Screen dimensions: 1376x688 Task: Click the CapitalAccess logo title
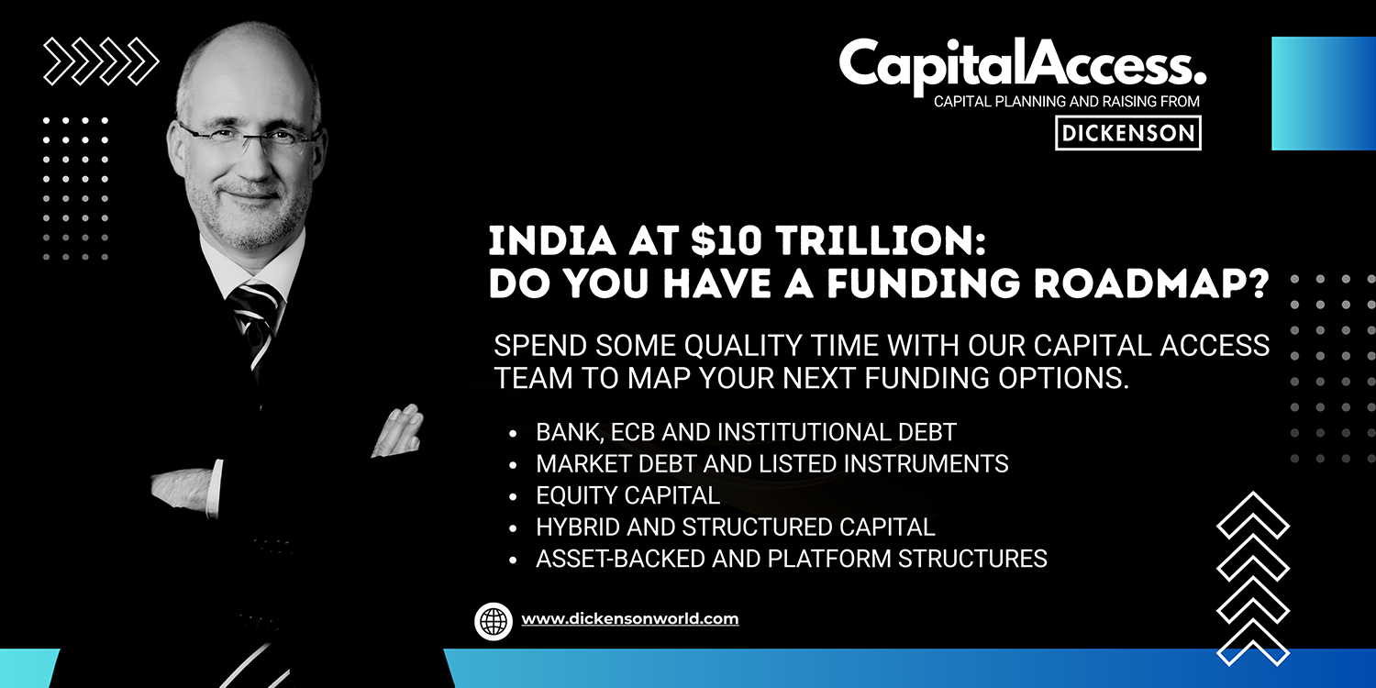click(1023, 64)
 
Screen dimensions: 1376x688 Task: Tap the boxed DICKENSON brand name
click(1127, 133)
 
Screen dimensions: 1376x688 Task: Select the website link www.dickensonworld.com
click(629, 618)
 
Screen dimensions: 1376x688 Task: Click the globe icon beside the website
click(494, 621)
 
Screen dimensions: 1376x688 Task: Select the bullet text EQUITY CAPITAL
click(627, 495)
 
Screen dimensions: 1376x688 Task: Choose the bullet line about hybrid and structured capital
click(736, 527)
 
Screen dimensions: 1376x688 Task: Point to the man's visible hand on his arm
click(399, 431)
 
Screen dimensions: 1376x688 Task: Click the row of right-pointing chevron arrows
click(101, 61)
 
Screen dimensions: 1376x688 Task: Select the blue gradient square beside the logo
click(1324, 94)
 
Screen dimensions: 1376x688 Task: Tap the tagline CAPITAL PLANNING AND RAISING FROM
click(1066, 101)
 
